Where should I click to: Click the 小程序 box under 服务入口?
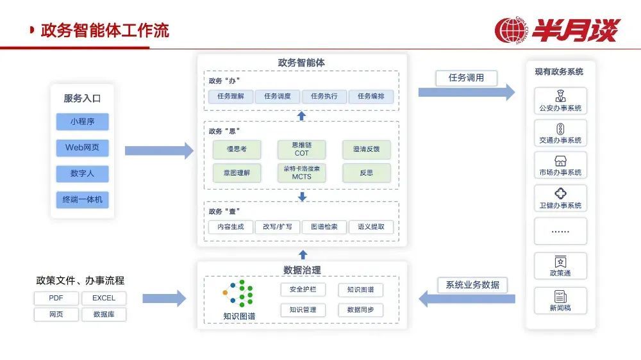82,122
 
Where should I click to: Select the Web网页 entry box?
82,148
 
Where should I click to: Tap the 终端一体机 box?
82,199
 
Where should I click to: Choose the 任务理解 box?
231,96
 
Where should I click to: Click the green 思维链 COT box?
301,149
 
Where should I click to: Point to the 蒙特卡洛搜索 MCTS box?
301,172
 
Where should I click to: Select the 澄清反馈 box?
366,149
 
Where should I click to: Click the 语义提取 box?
371,227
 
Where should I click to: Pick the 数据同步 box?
365,310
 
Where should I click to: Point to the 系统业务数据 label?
472,284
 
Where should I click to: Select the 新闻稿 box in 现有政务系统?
560,300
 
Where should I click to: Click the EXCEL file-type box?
103,299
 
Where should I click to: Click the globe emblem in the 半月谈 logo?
512,30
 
